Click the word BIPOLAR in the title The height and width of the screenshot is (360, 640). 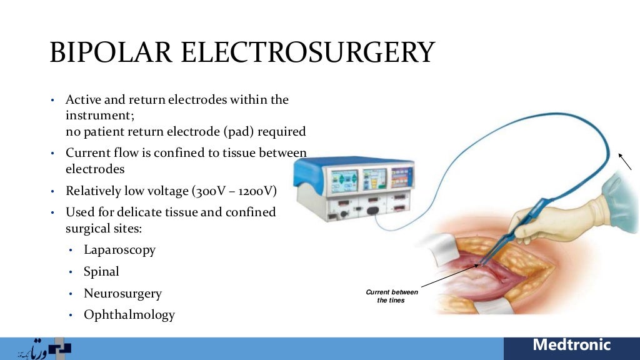coord(109,52)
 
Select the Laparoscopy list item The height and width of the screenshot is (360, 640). coord(119,250)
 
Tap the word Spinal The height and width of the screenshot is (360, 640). coord(101,272)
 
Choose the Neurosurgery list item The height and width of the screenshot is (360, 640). coord(122,294)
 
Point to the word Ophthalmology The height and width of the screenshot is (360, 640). coord(129,315)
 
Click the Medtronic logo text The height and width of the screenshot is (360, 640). coord(571,345)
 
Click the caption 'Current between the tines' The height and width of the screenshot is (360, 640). coord(392,296)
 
